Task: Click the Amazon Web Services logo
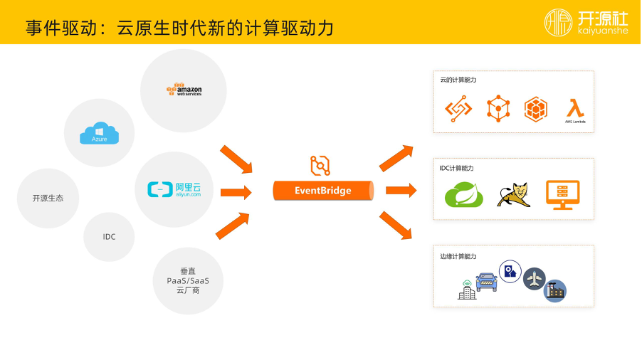(x=184, y=90)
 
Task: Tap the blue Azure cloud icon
(x=99, y=133)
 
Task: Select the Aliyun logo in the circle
(x=174, y=189)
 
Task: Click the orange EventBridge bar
(x=323, y=191)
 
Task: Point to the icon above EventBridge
(x=320, y=165)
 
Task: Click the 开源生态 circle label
(x=48, y=198)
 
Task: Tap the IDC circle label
(x=109, y=237)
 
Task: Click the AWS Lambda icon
(x=574, y=110)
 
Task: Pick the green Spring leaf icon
(x=464, y=194)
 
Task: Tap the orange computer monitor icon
(x=562, y=194)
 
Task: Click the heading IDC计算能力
(x=456, y=168)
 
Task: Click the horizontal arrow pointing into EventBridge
(x=236, y=192)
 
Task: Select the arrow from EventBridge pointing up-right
(x=396, y=158)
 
